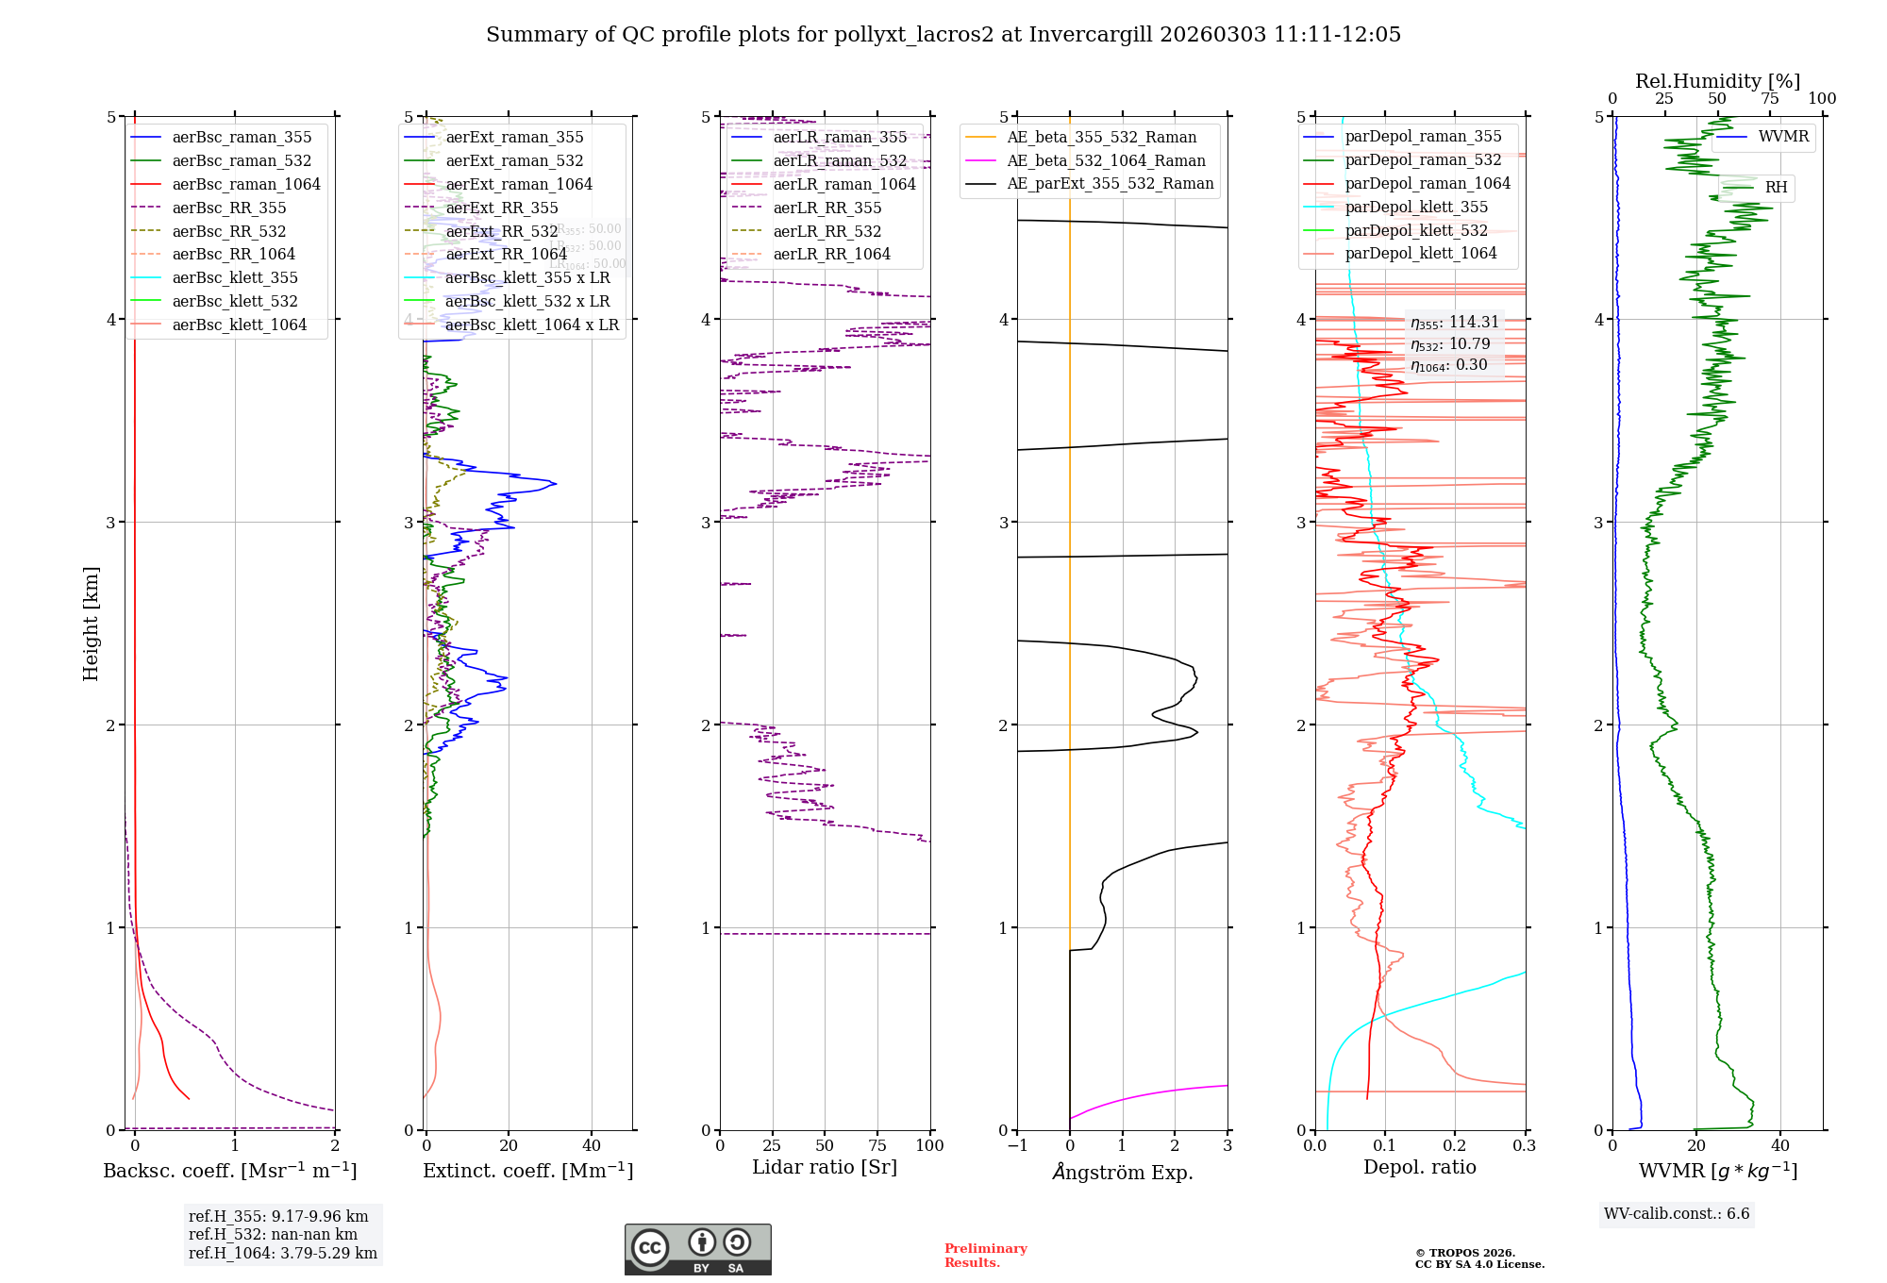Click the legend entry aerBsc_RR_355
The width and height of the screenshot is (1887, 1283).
point(228,208)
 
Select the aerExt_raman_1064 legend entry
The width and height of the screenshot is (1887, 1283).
point(519,184)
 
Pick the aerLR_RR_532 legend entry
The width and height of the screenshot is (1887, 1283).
point(827,231)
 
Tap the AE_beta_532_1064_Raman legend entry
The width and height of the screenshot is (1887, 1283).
point(1106,160)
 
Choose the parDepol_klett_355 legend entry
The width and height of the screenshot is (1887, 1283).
point(1415,207)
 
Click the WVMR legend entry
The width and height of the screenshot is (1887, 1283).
point(1783,137)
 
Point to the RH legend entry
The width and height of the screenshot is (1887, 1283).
point(1776,188)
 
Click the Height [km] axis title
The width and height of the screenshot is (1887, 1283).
point(91,624)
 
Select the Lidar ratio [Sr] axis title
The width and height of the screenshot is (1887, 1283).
point(824,1167)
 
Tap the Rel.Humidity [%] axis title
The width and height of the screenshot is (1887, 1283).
point(1717,81)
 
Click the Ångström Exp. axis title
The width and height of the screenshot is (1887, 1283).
point(1122,1172)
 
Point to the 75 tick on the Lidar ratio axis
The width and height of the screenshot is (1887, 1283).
point(877,1145)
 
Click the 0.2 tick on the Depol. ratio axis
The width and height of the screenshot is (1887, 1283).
point(1455,1145)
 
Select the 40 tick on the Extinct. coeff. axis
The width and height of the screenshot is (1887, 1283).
point(592,1145)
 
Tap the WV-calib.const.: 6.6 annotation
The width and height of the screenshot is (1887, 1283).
point(1676,1214)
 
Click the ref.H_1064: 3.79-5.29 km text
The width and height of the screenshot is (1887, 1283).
point(282,1253)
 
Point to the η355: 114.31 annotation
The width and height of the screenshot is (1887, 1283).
point(1454,323)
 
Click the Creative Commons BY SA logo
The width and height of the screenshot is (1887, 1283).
point(697,1250)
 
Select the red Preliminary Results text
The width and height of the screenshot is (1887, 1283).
point(985,1256)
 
